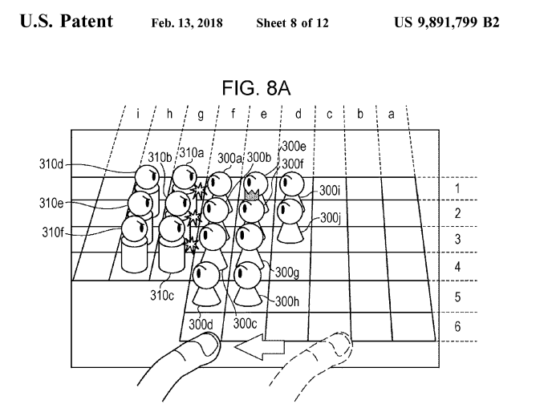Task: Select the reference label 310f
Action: [x=51, y=235]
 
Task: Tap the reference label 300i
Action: [x=329, y=191]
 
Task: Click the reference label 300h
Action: [x=287, y=301]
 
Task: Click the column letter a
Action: [x=392, y=114]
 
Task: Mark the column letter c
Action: [x=329, y=114]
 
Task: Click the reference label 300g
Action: [x=286, y=273]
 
